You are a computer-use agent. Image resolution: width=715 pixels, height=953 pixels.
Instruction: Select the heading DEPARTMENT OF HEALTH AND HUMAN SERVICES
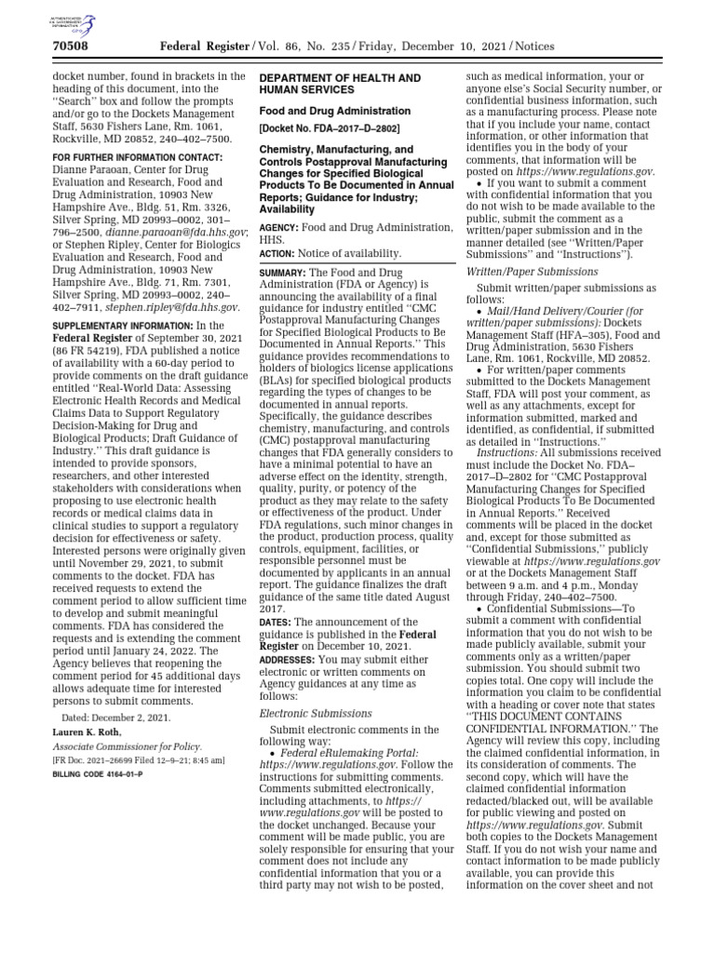339,83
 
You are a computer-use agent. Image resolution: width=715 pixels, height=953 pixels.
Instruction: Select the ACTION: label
277,253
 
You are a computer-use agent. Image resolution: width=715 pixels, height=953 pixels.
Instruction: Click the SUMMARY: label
284,271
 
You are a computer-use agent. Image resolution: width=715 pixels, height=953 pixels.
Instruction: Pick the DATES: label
276,622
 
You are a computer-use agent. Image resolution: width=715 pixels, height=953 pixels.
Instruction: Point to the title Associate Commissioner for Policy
126,746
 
